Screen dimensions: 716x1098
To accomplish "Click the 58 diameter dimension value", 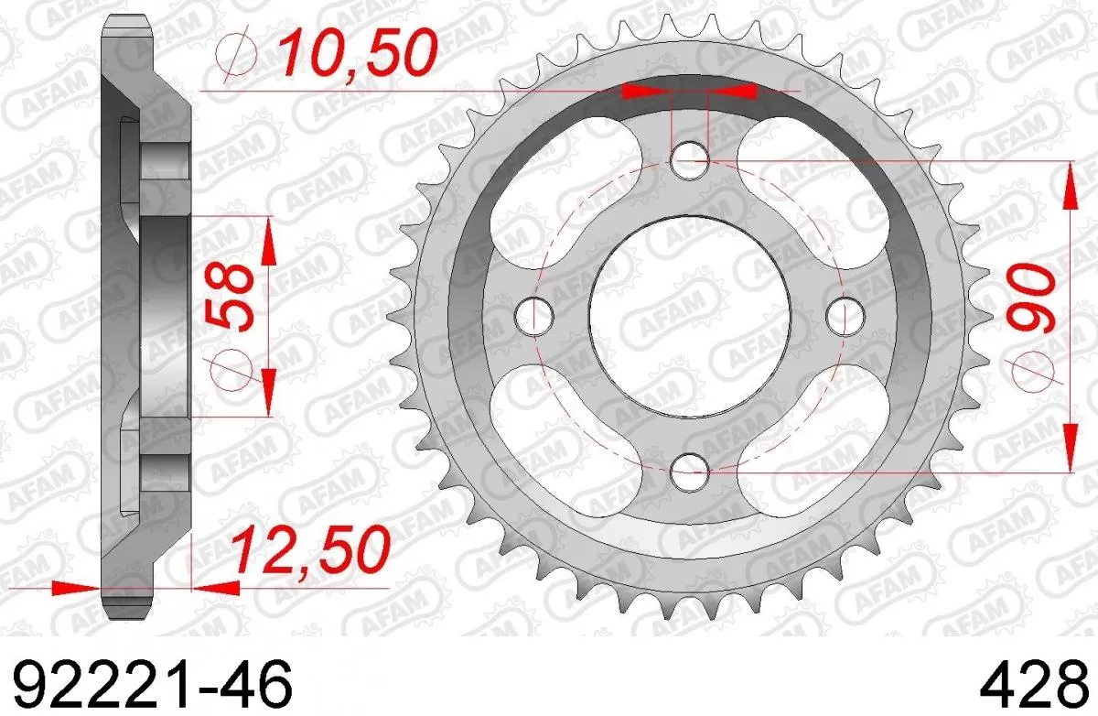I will coord(229,298).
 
